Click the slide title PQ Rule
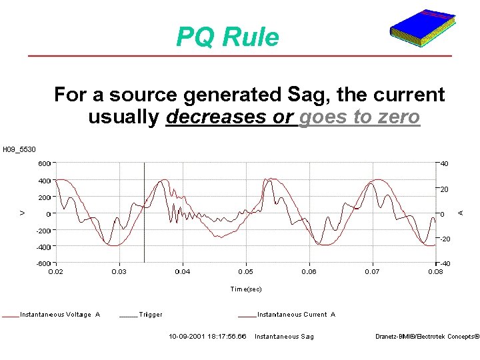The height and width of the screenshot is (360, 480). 227,37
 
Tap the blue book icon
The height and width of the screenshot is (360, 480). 423,29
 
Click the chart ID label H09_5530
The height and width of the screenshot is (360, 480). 19,149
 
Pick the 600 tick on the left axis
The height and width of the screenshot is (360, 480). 43,163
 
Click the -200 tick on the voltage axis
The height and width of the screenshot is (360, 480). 42,231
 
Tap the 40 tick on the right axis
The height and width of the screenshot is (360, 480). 444,163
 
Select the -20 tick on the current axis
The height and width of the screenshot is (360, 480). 444,239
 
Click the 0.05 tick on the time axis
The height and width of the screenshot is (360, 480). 245,272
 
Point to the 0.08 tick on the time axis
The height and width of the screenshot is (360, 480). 435,272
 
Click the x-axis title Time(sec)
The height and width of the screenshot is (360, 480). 246,289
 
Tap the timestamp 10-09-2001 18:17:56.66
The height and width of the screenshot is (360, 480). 207,337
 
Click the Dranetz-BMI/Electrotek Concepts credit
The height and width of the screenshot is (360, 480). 427,337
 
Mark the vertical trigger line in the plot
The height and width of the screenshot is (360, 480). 145,220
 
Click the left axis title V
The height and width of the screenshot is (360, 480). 23,213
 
